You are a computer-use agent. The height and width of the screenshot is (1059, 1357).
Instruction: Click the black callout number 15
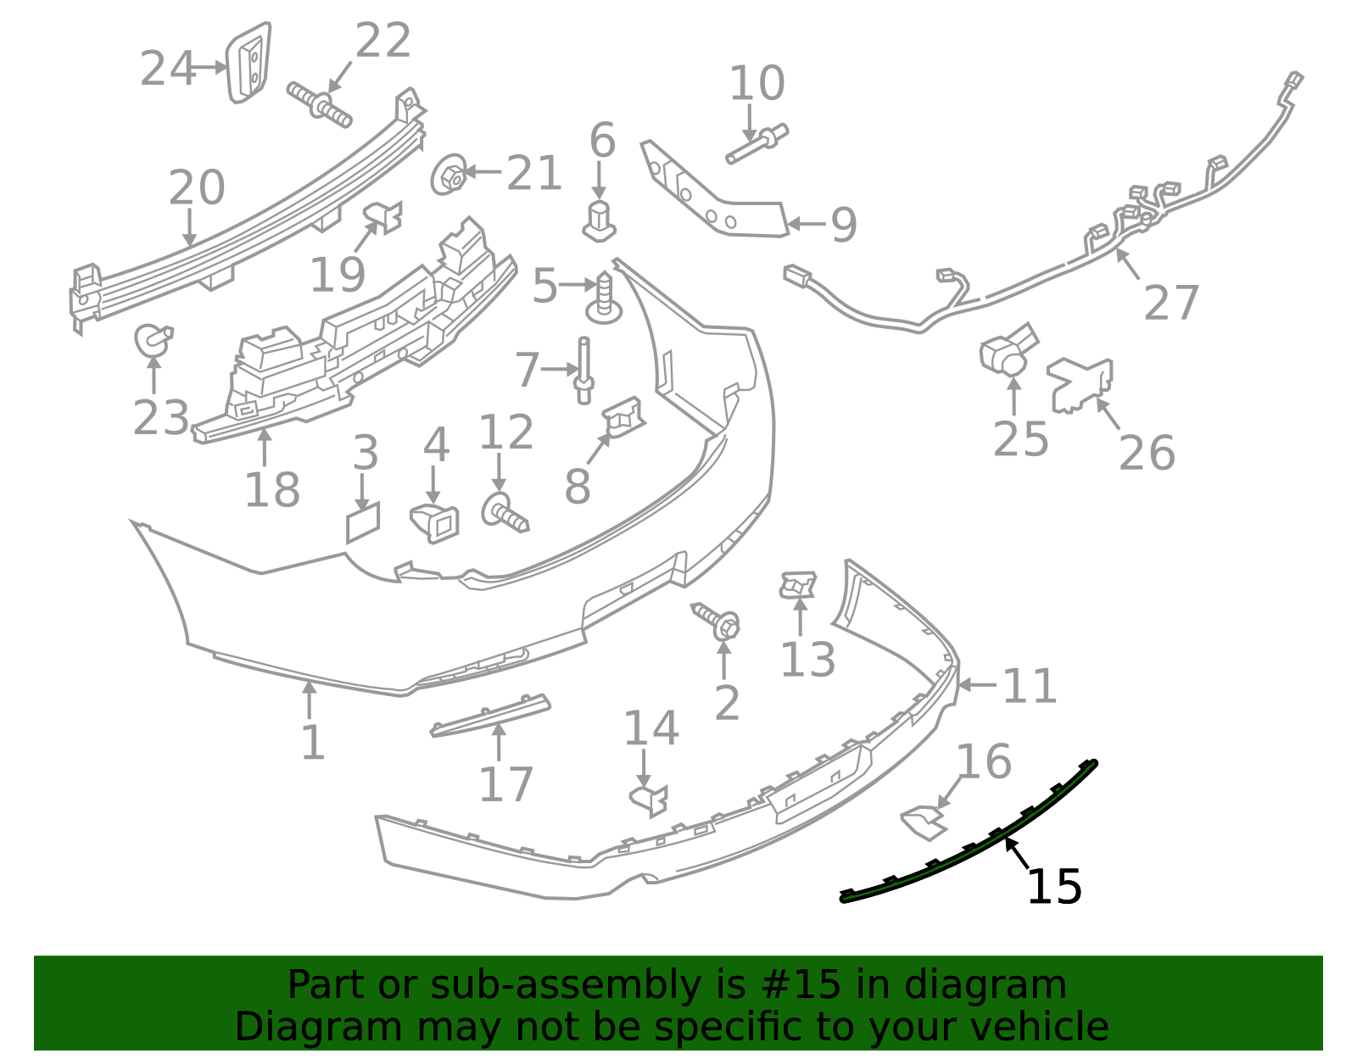1054,887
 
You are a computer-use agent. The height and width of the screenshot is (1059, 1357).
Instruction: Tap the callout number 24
167,69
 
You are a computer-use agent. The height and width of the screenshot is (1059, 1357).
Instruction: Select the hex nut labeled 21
449,174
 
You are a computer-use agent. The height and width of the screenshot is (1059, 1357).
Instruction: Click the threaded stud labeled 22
319,105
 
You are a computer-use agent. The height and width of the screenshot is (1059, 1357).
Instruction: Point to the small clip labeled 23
153,340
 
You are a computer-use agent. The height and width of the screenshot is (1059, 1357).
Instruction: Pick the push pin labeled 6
599,221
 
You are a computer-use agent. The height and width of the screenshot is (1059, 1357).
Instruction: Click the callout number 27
1171,303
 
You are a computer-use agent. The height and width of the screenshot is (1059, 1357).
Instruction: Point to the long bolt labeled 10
757,144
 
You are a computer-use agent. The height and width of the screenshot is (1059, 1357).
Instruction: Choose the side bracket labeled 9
715,190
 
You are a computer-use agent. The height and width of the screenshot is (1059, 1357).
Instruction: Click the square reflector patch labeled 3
363,522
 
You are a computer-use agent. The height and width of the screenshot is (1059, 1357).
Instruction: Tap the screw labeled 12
505,512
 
